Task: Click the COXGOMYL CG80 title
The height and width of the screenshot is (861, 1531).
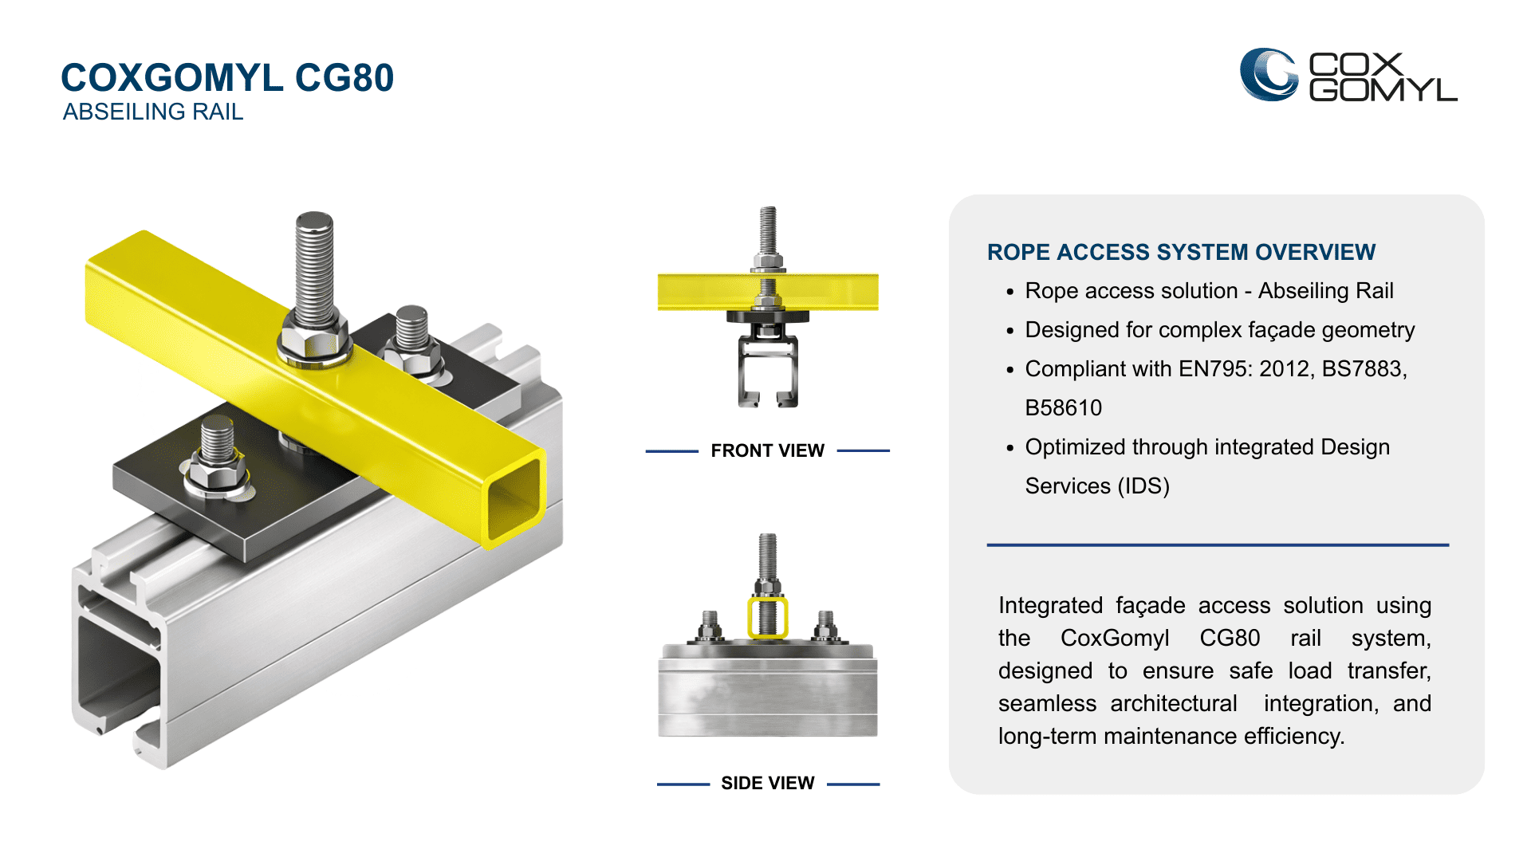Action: (x=227, y=78)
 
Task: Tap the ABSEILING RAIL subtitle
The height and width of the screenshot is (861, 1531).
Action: (x=152, y=112)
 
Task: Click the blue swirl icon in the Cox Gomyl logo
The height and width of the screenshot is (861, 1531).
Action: (x=1268, y=75)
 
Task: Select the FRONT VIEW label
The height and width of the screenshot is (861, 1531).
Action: (x=767, y=450)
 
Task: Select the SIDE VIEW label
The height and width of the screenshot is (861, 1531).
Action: (x=767, y=783)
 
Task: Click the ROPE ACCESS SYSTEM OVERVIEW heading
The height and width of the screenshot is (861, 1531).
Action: (x=1181, y=252)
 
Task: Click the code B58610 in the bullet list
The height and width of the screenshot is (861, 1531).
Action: (x=1063, y=408)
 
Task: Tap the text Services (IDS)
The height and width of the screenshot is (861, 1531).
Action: (x=1096, y=486)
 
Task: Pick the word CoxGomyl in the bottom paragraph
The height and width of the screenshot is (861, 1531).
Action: (x=1114, y=639)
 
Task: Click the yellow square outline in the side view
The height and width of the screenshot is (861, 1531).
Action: (x=767, y=619)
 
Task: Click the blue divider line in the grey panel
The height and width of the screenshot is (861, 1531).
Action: (x=1217, y=545)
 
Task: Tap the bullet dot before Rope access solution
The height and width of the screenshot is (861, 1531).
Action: (x=1010, y=293)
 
